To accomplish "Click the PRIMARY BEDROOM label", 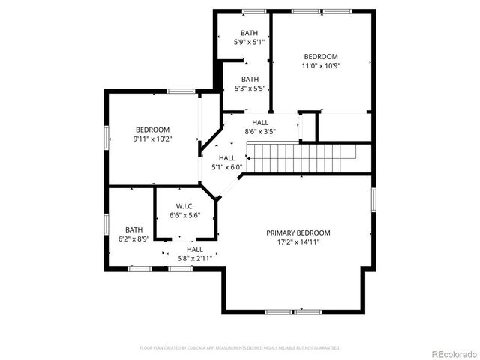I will [x=298, y=232].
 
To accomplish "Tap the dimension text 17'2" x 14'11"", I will [x=298, y=242].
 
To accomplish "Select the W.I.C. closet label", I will [x=185, y=206].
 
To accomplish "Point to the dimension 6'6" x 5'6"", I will [x=185, y=216].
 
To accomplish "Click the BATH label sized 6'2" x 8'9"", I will [x=134, y=229].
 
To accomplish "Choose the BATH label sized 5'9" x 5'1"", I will [x=250, y=33].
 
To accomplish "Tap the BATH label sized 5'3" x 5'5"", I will [x=250, y=79].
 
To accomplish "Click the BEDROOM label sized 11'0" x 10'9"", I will [x=321, y=56].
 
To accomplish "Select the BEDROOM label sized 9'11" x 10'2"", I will [x=152, y=129].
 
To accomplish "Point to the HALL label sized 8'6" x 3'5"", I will [x=260, y=122].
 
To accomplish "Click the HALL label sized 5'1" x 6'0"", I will [x=227, y=157].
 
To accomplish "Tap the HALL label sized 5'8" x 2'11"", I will [x=195, y=249].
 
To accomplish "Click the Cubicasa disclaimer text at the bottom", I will [x=240, y=348].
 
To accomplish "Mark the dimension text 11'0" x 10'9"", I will [x=321, y=66].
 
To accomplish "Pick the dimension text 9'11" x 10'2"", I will [x=152, y=139].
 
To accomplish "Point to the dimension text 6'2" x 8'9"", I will [x=134, y=239].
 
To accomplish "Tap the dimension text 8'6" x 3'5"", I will [x=260, y=132].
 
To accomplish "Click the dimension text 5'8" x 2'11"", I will [x=195, y=259].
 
